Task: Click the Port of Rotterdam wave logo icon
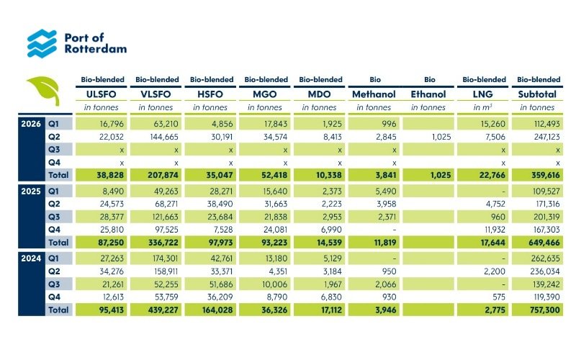(42, 43)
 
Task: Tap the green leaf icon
(44, 90)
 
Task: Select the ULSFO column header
(101, 94)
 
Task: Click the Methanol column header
(374, 94)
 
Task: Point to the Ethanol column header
(428, 94)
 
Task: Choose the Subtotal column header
(537, 94)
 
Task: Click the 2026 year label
(31, 124)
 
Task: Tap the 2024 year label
(31, 258)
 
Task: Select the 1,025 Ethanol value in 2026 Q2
(441, 137)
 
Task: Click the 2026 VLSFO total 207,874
(163, 175)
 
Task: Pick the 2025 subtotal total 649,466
(545, 243)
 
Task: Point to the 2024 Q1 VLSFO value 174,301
(166, 258)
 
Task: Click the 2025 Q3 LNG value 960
(498, 217)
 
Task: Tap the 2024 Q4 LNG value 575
(498, 297)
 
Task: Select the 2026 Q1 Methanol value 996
(389, 124)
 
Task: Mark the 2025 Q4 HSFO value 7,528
(222, 230)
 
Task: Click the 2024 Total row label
(58, 310)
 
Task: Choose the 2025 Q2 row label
(54, 204)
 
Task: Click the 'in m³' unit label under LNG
(482, 107)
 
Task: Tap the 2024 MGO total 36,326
(274, 310)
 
